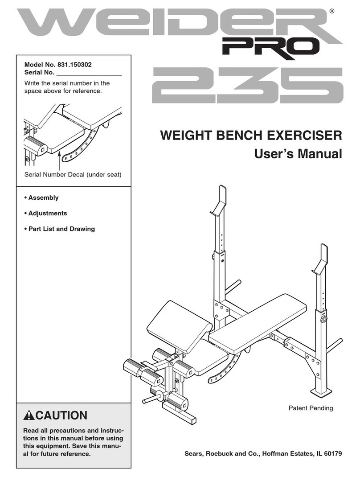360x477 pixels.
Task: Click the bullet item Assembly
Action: pyautogui.click(x=43, y=197)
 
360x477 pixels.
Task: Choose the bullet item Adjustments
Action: pyautogui.click(x=47, y=213)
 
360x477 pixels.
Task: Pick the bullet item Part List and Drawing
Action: pyautogui.click(x=61, y=229)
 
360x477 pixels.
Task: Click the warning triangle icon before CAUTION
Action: pyautogui.click(x=29, y=416)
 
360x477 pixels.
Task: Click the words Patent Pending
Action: pyautogui.click(x=311, y=408)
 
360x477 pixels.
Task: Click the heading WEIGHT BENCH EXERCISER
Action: pyautogui.click(x=248, y=135)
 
